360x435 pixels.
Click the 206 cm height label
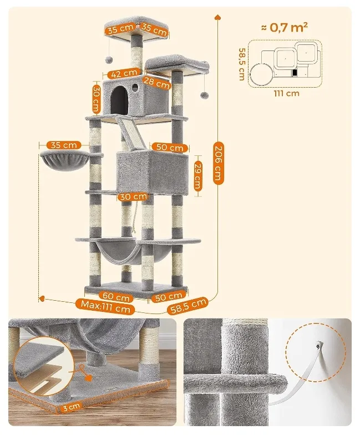click(218, 163)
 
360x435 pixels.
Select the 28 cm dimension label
click(156, 83)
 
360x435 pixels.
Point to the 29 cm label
click(197, 175)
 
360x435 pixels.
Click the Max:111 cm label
click(105, 306)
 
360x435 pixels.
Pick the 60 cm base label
click(116, 296)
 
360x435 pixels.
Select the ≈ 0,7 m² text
click(284, 27)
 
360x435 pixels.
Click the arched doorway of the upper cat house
click(119, 99)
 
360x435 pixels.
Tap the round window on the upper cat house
click(135, 88)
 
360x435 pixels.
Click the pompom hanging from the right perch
click(205, 95)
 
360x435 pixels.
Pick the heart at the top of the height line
click(217, 17)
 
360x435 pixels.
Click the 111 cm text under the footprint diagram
click(287, 93)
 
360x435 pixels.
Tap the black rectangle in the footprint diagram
click(295, 73)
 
